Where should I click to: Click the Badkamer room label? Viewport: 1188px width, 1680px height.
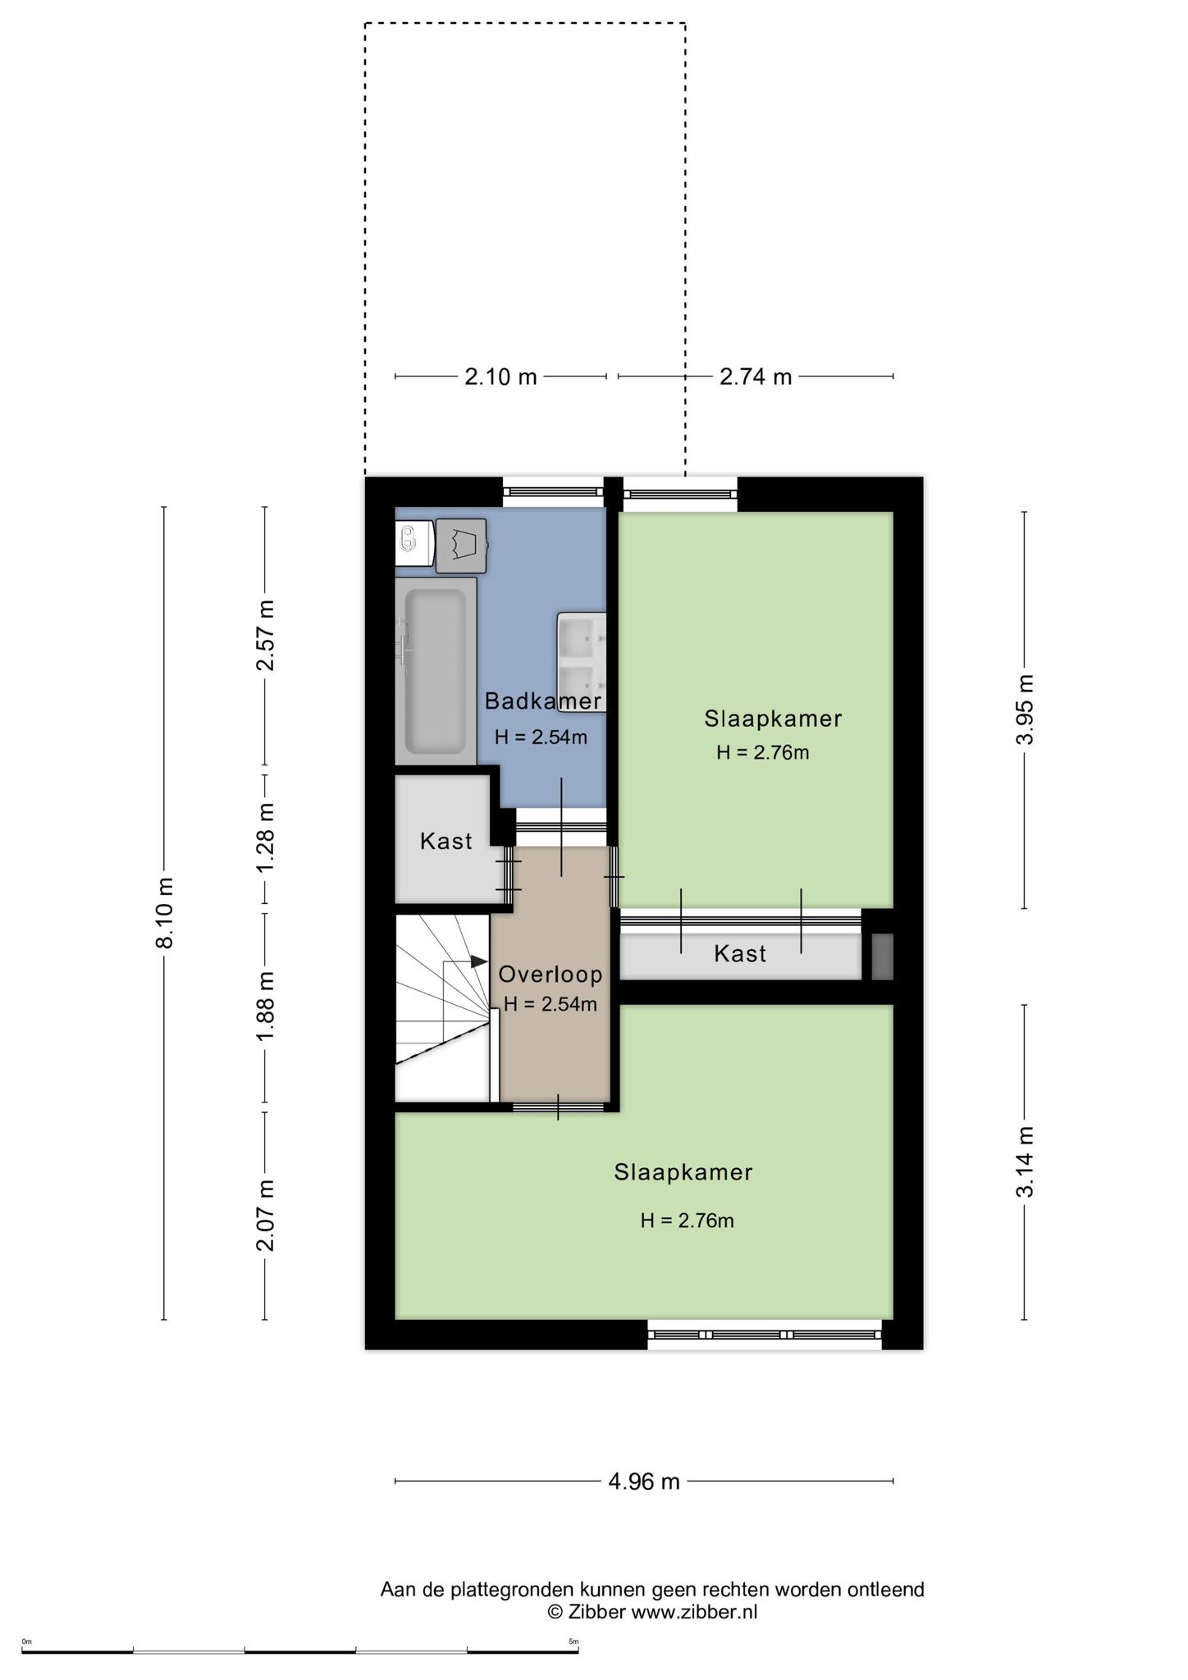coord(542,701)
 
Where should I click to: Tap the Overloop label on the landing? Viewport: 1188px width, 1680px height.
coord(551,975)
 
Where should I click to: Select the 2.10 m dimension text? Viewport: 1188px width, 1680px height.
coord(500,377)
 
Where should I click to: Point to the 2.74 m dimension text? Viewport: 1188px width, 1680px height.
coord(756,377)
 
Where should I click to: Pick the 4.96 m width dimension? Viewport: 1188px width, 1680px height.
coord(644,1481)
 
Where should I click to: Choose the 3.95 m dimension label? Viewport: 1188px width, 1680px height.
coord(1025,709)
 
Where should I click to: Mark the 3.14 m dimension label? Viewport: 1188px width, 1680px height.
coord(1025,1162)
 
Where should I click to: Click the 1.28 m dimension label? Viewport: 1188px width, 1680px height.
coord(264,838)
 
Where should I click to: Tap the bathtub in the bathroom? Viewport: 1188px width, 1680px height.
coord(436,671)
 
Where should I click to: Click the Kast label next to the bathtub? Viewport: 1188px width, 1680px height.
coord(446,841)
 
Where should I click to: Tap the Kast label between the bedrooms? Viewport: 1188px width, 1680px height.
coord(740,953)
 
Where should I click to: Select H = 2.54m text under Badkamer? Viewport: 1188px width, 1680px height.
coord(541,737)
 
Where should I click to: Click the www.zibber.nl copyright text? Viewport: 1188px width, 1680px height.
coord(652,1612)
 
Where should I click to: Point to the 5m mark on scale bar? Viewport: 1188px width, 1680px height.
coord(573,1641)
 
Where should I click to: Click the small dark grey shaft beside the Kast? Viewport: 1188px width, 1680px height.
coord(881,956)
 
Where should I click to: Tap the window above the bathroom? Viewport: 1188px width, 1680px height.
coord(553,491)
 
